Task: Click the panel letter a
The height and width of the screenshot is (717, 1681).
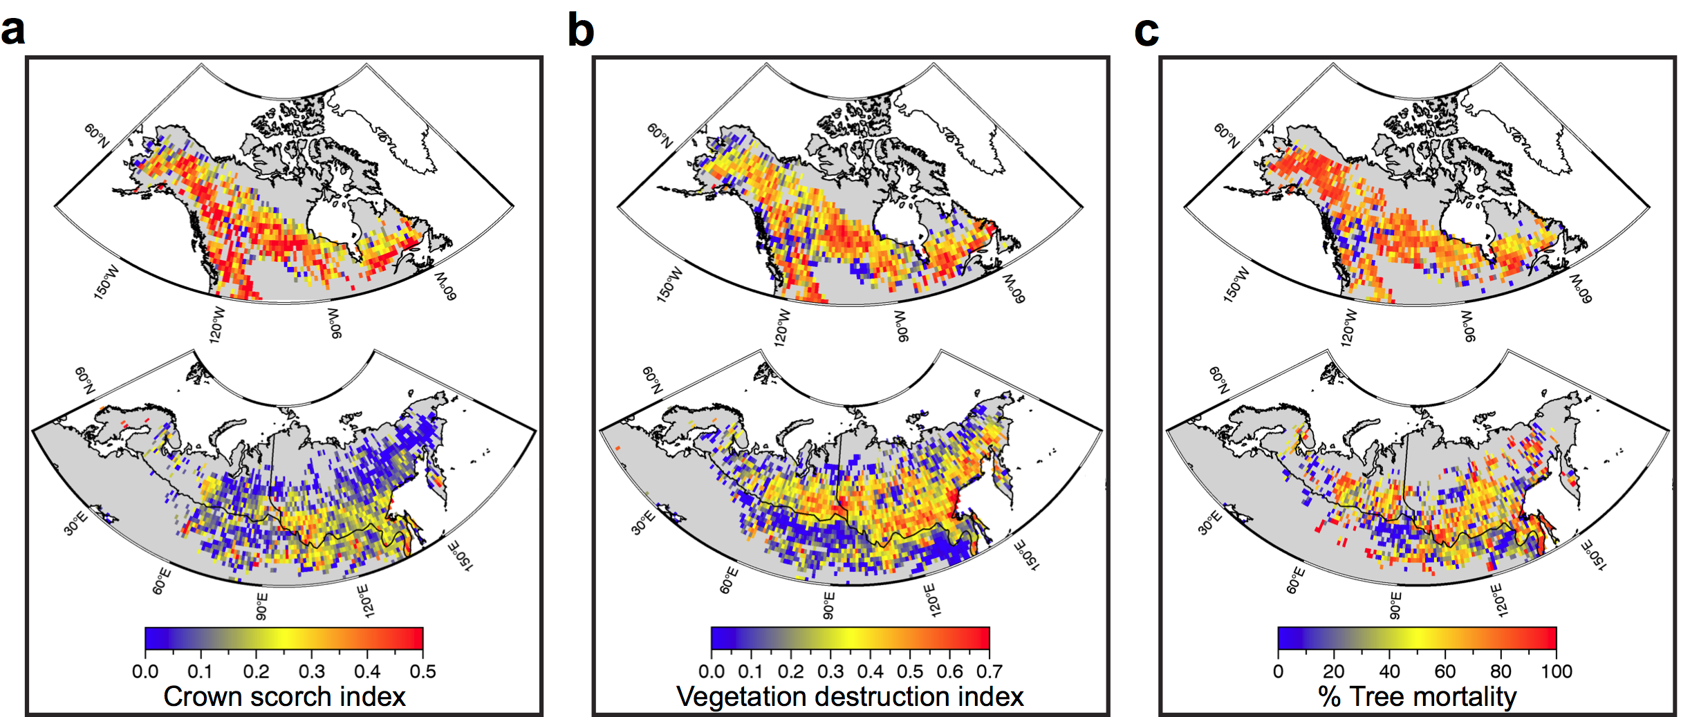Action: coord(13,30)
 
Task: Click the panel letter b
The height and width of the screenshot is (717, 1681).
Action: coord(581,30)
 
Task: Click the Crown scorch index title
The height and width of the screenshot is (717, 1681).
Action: coord(284,696)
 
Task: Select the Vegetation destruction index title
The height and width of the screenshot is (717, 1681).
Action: coord(850,696)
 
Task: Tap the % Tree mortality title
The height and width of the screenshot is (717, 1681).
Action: coord(1417,696)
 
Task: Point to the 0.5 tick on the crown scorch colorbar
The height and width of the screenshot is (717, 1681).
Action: coord(422,671)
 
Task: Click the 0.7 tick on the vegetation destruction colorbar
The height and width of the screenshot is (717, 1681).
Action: coord(989,671)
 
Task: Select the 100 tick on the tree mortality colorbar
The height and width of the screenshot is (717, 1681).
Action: coord(1556,671)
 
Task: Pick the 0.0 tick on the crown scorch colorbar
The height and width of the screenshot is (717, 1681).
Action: coord(145,671)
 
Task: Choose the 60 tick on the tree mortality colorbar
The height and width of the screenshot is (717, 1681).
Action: coord(1445,671)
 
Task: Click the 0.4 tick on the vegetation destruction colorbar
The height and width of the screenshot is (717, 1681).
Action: coord(870,671)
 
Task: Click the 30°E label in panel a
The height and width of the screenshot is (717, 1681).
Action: coord(75,523)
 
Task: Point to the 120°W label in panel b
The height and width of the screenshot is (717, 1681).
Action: coord(781,326)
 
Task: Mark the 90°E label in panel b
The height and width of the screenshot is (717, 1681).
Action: coord(828,606)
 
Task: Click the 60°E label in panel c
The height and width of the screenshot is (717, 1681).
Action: coord(1295,581)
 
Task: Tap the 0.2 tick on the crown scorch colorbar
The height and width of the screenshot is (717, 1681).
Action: coord(256,671)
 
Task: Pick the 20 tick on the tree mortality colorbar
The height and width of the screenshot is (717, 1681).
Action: coord(1333,671)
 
